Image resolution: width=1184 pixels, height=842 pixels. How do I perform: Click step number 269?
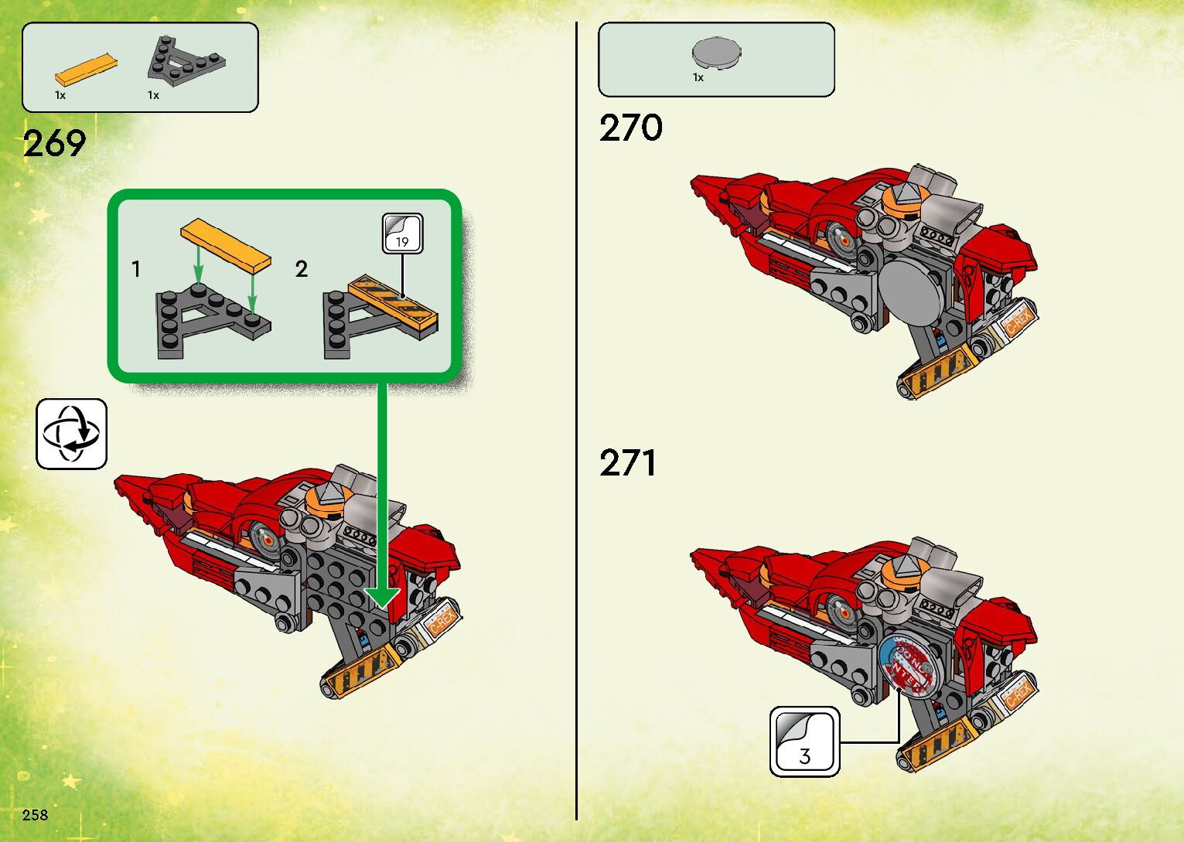[x=54, y=144]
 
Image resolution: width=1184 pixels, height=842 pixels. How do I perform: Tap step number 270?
[x=630, y=128]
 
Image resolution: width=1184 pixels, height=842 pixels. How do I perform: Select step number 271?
[x=628, y=463]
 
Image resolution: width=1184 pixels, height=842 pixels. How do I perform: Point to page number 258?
[x=35, y=814]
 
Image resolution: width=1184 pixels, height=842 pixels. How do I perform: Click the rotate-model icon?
[x=71, y=434]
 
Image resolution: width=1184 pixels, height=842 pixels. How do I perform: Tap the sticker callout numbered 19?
[x=402, y=234]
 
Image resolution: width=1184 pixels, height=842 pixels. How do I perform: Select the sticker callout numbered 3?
[x=804, y=741]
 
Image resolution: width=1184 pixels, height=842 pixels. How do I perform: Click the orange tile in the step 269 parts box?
[x=86, y=70]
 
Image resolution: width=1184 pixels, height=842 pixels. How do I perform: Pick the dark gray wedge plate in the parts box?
[x=186, y=58]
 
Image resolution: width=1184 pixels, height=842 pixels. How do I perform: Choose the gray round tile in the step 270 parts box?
[x=717, y=53]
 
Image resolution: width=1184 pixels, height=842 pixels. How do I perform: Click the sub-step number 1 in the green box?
[x=136, y=269]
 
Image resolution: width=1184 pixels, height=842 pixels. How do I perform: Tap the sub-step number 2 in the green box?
[x=301, y=269]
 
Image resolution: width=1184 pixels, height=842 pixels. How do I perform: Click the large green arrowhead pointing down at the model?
[x=382, y=597]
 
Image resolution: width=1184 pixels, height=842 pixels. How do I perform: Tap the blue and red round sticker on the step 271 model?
[x=910, y=666]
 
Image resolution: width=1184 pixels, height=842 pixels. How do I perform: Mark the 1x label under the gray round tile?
[x=698, y=77]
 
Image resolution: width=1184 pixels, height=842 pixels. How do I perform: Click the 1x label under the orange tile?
[x=60, y=95]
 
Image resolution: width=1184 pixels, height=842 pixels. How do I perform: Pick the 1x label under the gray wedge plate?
[x=153, y=95]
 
